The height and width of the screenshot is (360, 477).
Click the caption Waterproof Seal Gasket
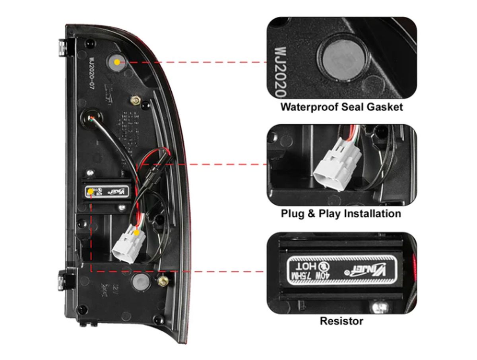pyautogui.click(x=341, y=107)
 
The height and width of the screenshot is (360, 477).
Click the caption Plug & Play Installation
pyautogui.click(x=341, y=214)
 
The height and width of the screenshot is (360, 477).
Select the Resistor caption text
pyautogui.click(x=341, y=321)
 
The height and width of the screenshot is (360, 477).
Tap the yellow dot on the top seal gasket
pyautogui.click(x=116, y=62)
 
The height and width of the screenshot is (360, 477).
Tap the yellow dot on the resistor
pyautogui.click(x=91, y=192)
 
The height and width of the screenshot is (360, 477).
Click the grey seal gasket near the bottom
pyautogui.click(x=140, y=282)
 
